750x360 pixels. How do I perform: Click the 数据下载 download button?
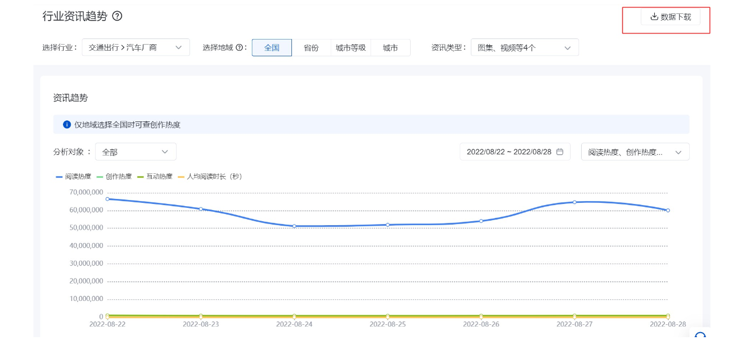670,17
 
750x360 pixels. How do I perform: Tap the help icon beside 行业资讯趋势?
117,16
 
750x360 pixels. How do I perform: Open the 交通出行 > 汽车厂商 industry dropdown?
135,48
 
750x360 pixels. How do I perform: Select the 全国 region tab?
271,48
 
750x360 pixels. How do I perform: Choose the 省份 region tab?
311,48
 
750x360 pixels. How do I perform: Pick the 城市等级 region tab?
350,48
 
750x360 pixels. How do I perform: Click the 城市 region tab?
390,48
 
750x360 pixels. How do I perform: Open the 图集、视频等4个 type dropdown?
524,48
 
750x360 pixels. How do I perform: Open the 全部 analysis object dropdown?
135,152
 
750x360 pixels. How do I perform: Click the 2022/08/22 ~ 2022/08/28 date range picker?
514,152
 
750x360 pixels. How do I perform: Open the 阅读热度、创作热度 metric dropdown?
635,152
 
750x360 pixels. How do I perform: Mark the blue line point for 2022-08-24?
294,226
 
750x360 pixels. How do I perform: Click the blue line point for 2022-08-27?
574,202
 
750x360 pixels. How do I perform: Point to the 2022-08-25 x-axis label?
388,324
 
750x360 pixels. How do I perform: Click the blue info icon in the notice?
67,125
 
